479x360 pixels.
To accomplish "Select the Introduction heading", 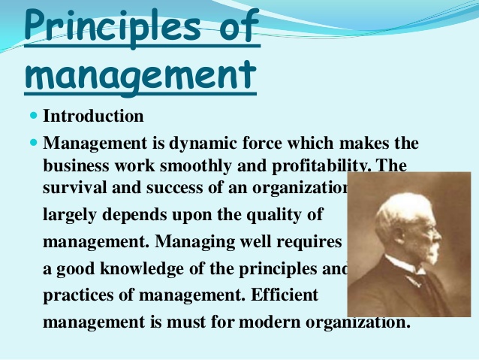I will [94, 116].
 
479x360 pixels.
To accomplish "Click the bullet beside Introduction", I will [34, 116].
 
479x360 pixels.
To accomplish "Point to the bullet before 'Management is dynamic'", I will [34, 142].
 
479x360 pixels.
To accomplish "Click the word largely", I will [71, 215].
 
